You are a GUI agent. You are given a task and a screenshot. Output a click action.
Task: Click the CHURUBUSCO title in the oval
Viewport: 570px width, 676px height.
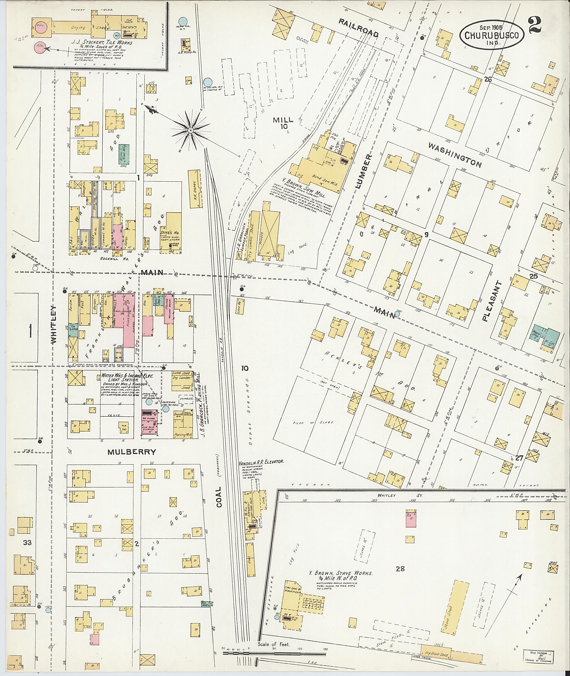tap(494, 36)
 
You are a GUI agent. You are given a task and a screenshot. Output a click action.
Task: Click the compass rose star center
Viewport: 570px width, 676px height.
tap(191, 130)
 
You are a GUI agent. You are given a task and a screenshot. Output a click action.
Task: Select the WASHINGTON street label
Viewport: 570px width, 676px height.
tap(455, 155)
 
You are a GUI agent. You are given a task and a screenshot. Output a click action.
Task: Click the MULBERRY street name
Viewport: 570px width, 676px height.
tap(132, 452)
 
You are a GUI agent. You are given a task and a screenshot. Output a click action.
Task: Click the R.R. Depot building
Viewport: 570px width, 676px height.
tap(195, 188)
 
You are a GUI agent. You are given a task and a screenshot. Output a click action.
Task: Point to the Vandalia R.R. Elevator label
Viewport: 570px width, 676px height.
tap(261, 462)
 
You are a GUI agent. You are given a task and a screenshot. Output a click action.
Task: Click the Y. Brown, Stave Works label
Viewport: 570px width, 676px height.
tap(341, 573)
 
